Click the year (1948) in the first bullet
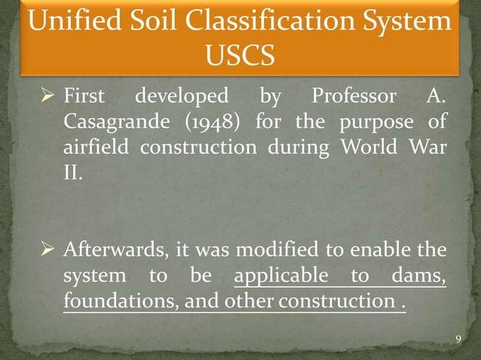coord(220,121)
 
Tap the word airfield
coord(99,145)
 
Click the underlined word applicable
coord(281,274)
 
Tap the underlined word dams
coord(415,274)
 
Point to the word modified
coord(283,249)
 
